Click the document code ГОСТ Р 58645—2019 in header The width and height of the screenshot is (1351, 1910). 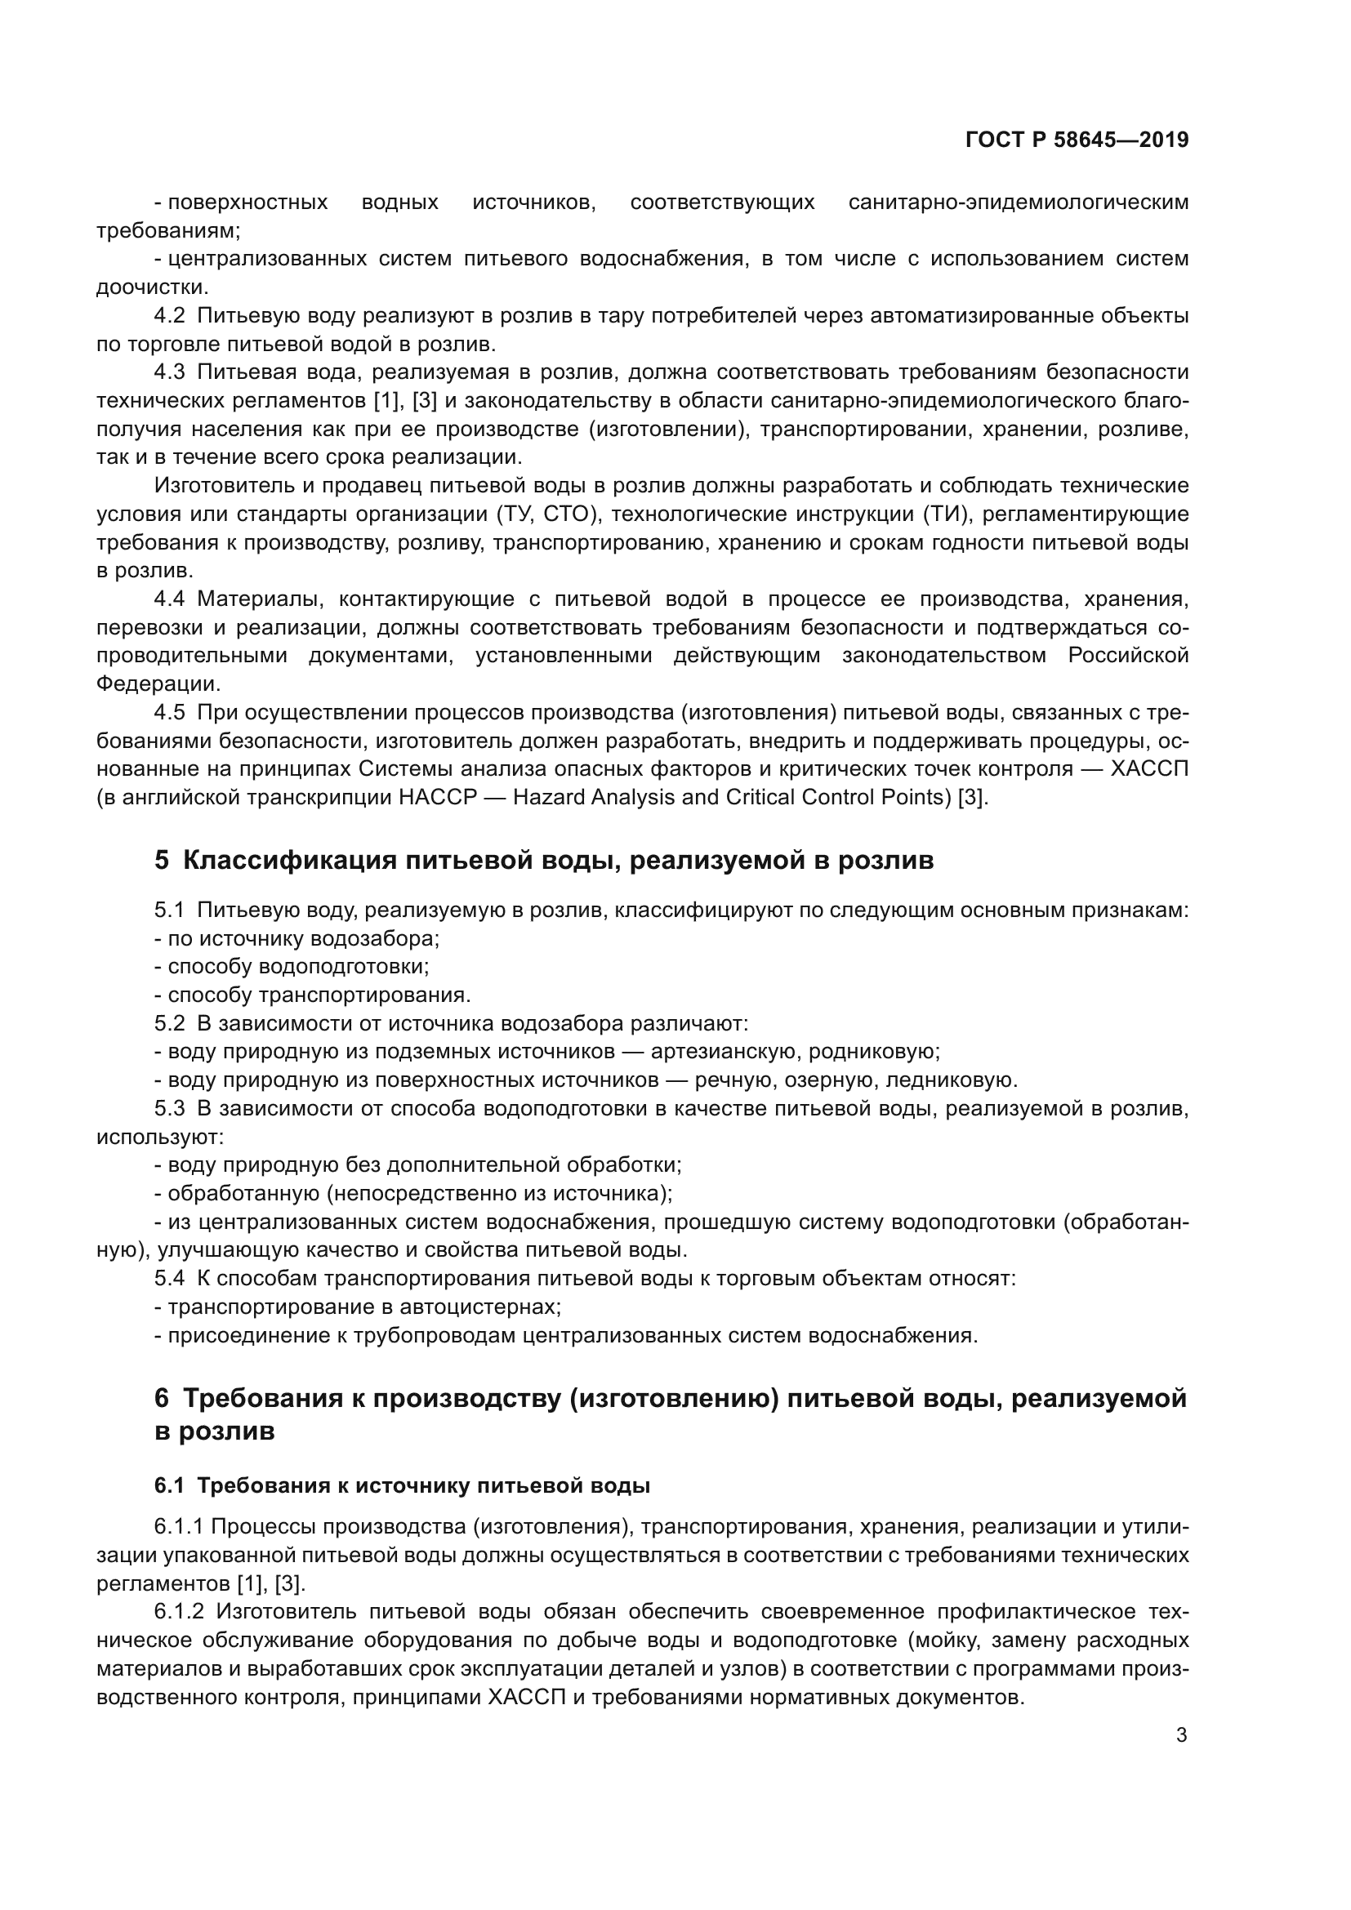click(1077, 140)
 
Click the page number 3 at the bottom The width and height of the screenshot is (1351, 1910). click(1181, 1734)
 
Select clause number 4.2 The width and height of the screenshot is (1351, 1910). click(170, 316)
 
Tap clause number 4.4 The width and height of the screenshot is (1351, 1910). click(170, 599)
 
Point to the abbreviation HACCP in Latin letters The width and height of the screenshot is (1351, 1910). click(438, 798)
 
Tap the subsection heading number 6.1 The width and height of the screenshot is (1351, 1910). click(169, 1485)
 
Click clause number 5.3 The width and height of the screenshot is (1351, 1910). click(170, 1109)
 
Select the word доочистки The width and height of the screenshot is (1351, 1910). click(150, 287)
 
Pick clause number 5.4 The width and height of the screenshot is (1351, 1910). click(170, 1279)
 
